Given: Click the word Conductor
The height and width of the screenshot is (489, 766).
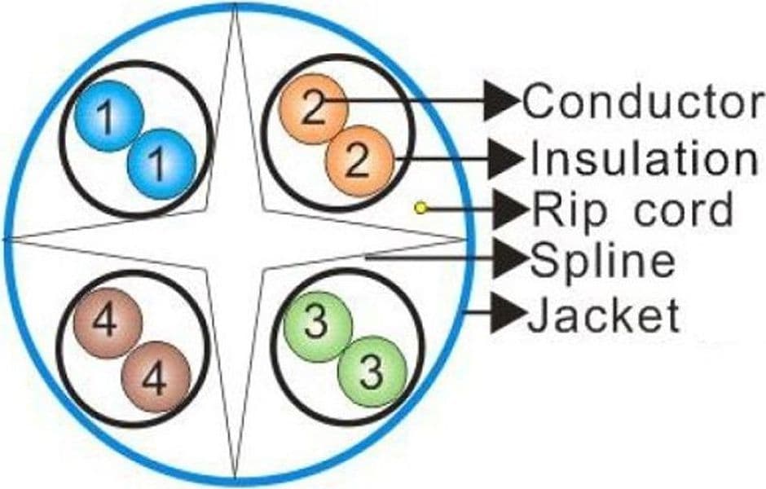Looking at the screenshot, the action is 642,100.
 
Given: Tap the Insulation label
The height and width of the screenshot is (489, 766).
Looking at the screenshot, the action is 644,157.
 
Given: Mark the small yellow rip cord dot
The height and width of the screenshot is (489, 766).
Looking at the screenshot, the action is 420,208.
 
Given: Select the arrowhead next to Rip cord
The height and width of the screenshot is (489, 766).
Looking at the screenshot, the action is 511,209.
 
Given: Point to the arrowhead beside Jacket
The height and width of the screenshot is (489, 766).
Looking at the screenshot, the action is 508,313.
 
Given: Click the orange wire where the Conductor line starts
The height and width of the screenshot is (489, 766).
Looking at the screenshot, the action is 313,109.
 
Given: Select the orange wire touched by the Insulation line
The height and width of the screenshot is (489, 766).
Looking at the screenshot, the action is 359,161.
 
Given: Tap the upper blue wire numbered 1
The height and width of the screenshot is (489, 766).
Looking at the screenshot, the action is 109,116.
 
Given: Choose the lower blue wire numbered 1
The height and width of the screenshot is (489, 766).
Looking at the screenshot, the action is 161,164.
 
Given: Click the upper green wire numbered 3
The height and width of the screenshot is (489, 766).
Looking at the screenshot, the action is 318,326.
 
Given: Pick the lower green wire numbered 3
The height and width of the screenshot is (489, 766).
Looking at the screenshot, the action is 372,372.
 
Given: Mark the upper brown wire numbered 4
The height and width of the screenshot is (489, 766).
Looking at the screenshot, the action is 108,323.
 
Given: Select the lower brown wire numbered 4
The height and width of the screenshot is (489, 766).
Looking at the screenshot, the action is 156,377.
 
